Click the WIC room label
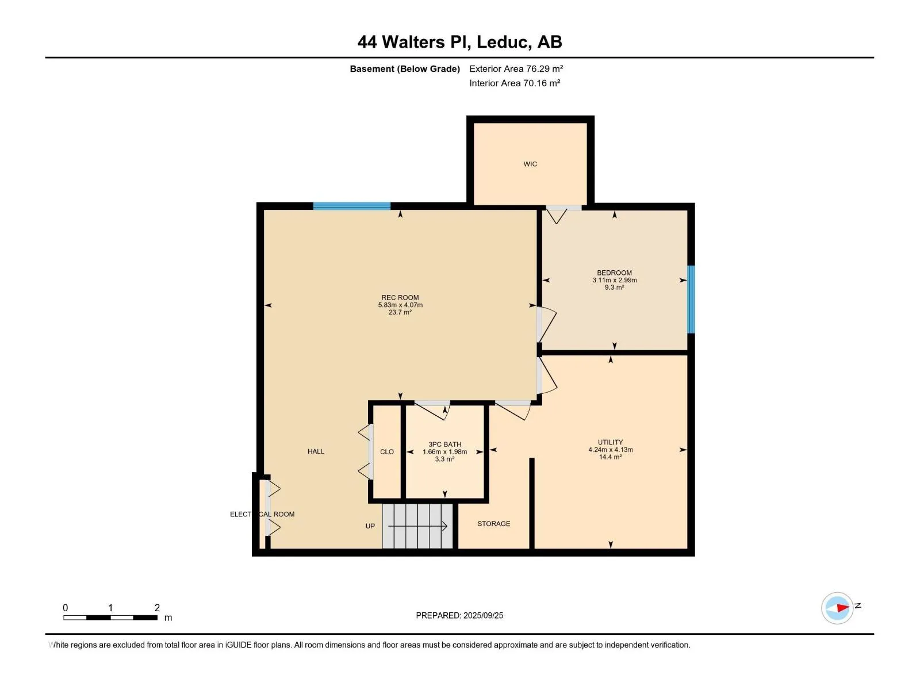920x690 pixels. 530,164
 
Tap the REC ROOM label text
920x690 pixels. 400,297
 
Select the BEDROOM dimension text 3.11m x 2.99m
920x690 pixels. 614,280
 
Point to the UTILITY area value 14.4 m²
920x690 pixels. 610,457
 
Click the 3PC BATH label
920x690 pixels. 444,444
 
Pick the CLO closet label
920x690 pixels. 386,451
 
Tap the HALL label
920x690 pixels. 316,451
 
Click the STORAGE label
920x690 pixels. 493,524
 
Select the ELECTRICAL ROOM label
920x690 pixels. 262,514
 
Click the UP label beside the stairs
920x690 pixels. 370,526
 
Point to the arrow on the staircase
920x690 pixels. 417,526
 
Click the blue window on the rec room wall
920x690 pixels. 352,206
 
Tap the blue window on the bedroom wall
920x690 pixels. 691,299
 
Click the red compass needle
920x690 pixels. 842,607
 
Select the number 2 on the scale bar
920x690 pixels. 157,607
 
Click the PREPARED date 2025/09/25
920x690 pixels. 483,615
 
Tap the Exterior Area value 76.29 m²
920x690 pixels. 544,68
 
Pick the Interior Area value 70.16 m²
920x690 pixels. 542,83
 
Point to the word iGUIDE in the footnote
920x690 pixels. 238,645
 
